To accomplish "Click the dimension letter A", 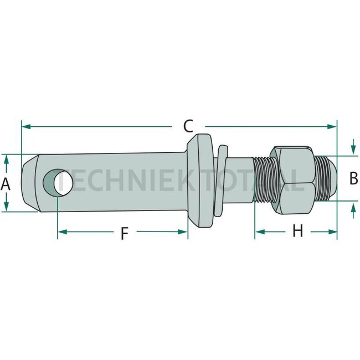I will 6,183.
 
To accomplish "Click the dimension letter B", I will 353,178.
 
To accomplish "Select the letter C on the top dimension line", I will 188,126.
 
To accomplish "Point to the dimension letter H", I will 297,231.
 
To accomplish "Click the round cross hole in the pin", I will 57,182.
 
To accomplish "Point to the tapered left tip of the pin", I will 28,182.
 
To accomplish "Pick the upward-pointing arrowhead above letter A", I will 6,159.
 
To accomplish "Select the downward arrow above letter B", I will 353,150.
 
